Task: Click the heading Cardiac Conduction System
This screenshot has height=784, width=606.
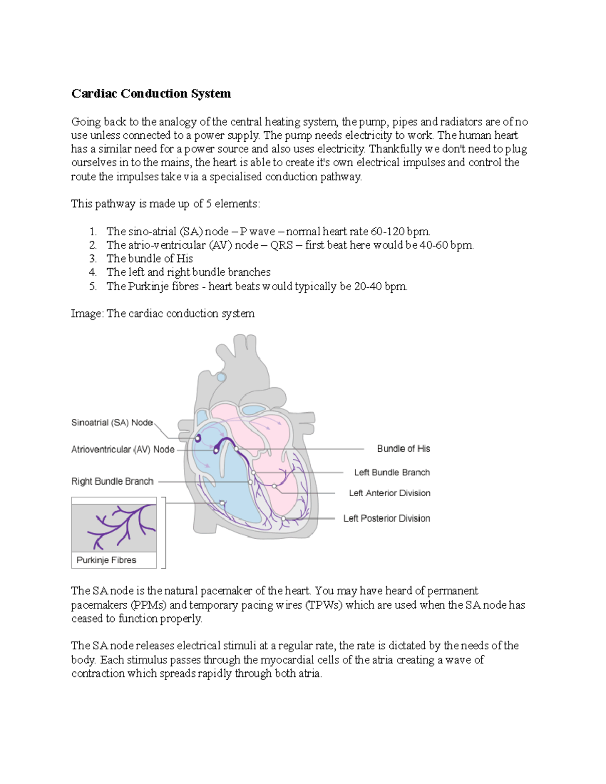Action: pos(151,94)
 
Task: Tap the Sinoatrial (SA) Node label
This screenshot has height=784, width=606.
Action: pos(112,423)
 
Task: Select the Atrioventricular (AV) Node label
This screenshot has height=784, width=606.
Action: pos(123,449)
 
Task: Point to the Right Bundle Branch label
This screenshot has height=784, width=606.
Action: pos(112,482)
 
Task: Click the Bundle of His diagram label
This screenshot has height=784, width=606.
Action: pos(403,449)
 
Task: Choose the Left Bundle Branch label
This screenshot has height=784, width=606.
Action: pos(392,473)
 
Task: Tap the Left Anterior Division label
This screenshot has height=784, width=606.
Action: pos(389,493)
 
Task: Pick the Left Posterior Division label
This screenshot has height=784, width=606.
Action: pos(386,518)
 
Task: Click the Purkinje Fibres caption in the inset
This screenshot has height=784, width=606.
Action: pos(106,560)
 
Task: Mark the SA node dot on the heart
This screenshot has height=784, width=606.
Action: pos(198,438)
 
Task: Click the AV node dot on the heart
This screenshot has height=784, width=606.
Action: pos(217,450)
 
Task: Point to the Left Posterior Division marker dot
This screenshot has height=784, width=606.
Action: pos(284,518)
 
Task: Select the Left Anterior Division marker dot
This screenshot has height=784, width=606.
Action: pos(274,486)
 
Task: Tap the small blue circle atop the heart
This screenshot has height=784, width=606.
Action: pos(221,377)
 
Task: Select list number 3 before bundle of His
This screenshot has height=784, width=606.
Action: pos(92,259)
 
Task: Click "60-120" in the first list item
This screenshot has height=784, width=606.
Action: pos(388,232)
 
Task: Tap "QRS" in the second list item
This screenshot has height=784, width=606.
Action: pos(281,245)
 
